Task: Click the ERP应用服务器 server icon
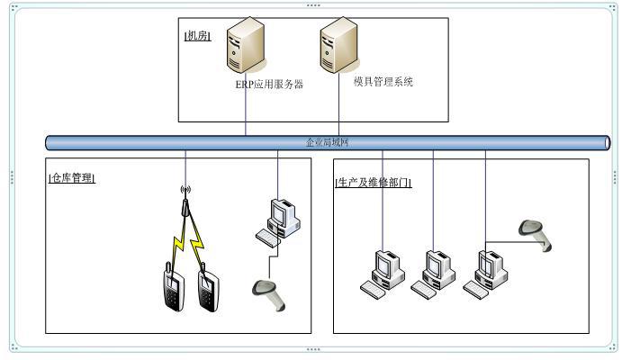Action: pyautogui.click(x=245, y=49)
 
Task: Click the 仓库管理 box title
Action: pyautogui.click(x=72, y=178)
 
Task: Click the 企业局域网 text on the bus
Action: pyautogui.click(x=327, y=142)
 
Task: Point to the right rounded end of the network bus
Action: pyautogui.click(x=606, y=142)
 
